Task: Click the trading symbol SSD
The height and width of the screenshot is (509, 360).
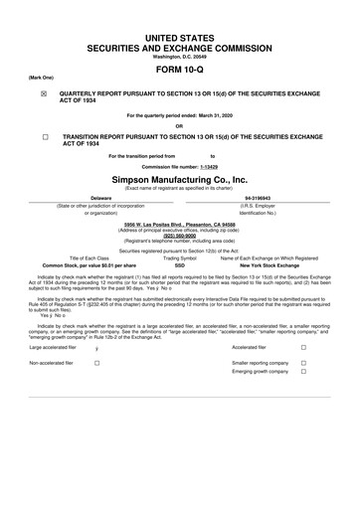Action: pos(180,266)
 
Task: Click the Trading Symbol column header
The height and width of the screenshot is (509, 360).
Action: pos(180,258)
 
